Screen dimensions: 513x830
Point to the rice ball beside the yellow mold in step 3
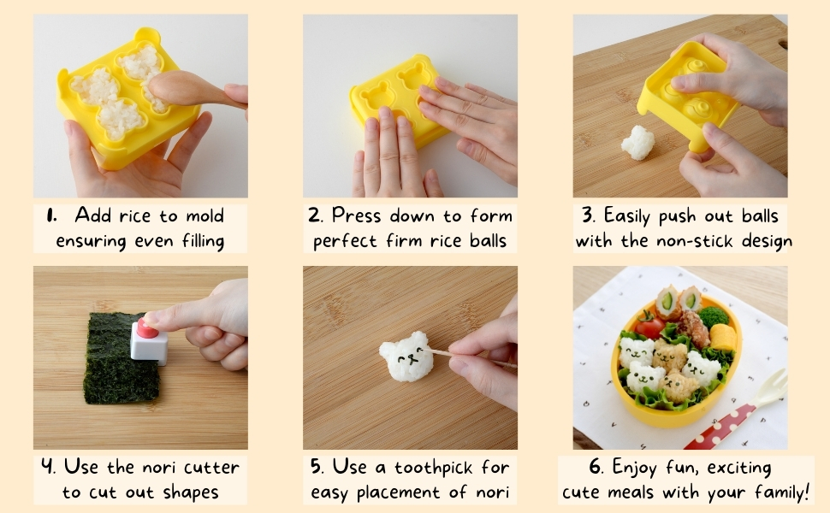pos(637,142)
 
